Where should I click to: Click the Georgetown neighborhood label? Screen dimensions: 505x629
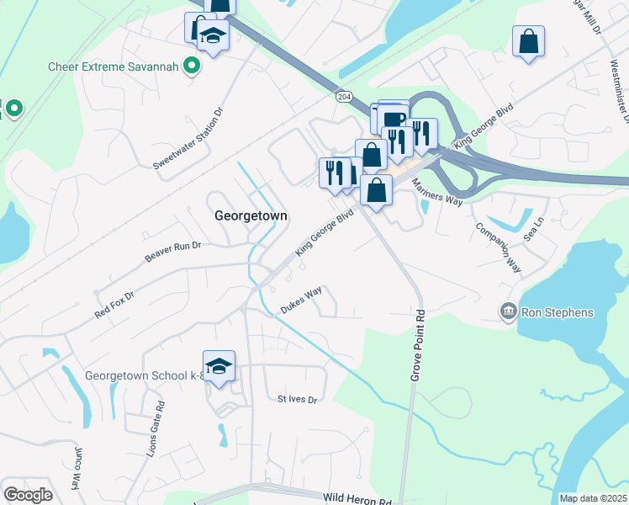(251, 215)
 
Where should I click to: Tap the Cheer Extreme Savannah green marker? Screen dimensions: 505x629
(192, 66)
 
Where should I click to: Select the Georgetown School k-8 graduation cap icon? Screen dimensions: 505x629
(219, 366)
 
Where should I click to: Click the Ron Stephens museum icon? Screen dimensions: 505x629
(508, 312)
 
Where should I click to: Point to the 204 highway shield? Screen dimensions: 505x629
(343, 97)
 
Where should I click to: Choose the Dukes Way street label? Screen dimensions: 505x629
(302, 300)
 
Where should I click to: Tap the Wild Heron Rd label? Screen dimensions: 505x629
(356, 502)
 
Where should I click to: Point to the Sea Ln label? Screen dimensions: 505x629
(534, 227)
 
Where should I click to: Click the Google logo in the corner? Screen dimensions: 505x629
(28, 495)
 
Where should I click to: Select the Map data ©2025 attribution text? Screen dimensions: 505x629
(593, 498)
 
